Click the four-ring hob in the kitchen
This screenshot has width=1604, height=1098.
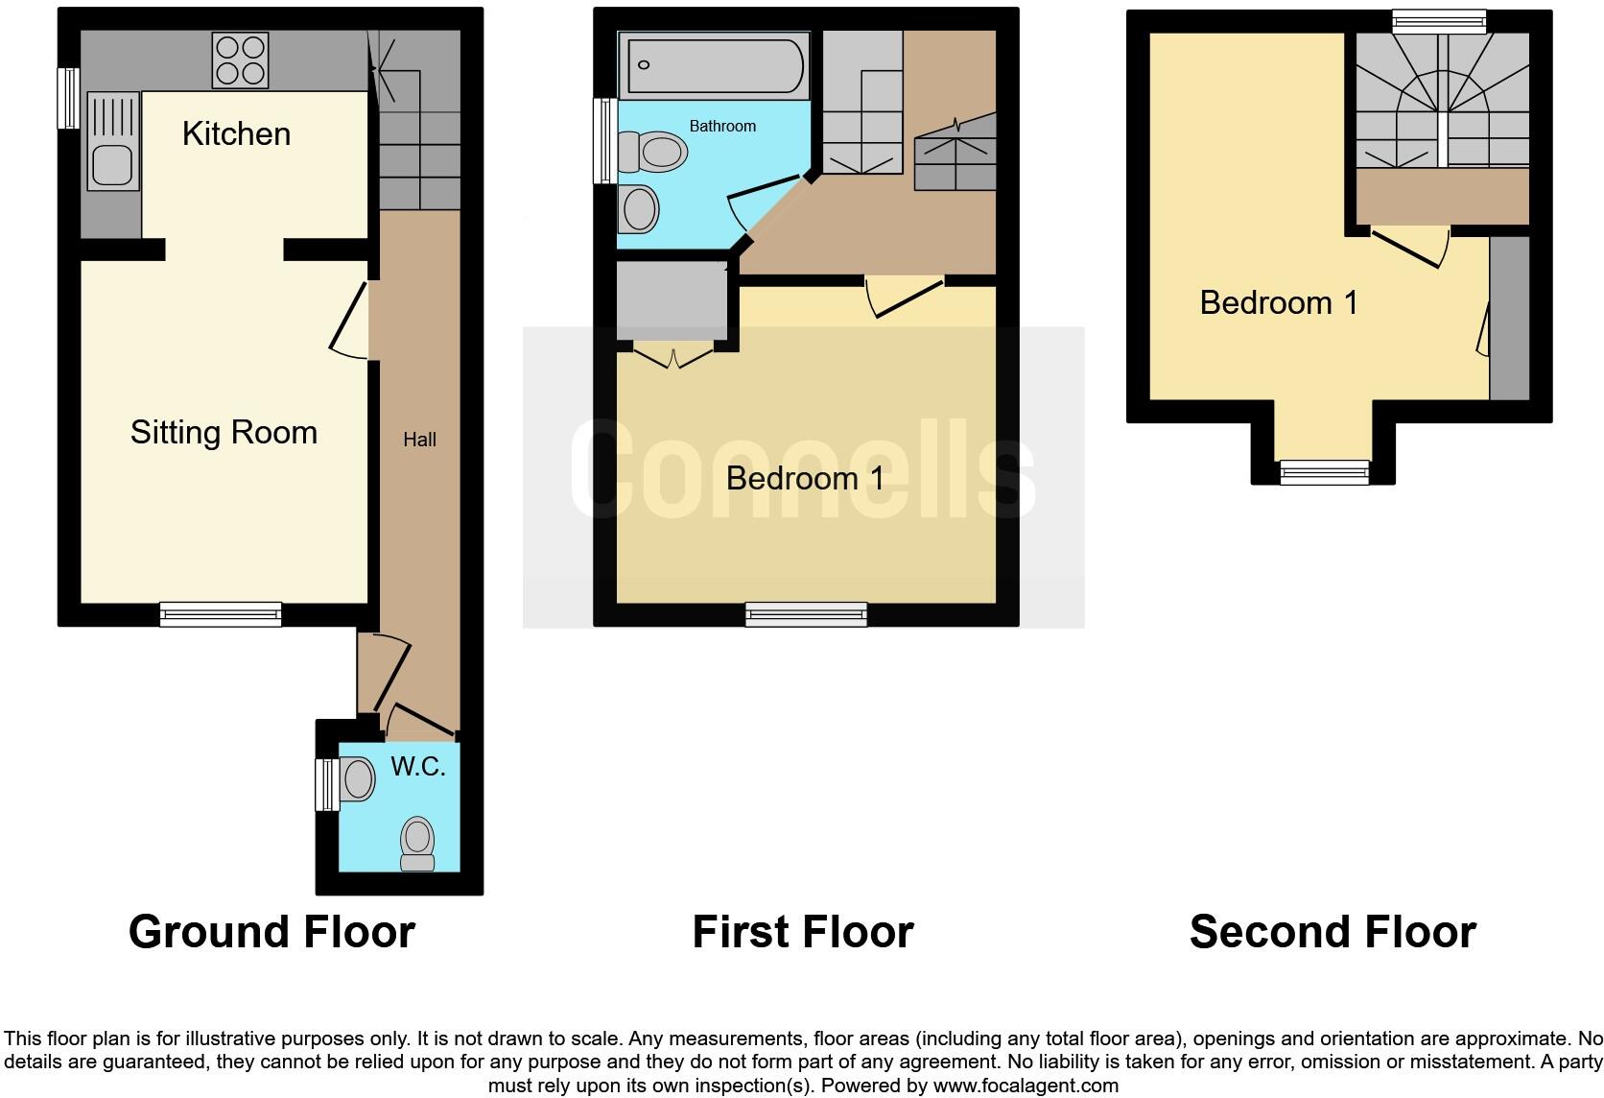coord(240,60)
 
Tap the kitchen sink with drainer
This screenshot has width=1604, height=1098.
coord(113,141)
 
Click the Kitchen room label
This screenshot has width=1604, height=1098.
coord(236,133)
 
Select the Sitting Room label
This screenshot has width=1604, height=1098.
coord(224,432)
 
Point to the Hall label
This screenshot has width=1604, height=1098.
coord(419,440)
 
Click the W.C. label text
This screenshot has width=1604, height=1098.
coord(418,766)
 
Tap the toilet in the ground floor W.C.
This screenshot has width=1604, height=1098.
coord(417,843)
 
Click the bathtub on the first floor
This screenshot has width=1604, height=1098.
coord(713,65)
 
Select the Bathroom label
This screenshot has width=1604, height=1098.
coord(722,126)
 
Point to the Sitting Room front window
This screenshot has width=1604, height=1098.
coord(221,614)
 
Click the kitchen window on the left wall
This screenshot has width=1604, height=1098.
coord(68,97)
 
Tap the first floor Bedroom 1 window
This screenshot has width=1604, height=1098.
coord(806,614)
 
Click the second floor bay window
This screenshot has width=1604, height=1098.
coord(1324,471)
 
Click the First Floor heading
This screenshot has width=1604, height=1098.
coord(802,932)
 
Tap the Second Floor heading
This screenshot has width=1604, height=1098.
coord(1332,932)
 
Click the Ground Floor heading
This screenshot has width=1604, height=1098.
coord(271,932)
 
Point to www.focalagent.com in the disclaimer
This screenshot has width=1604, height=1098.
coord(1025,1086)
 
